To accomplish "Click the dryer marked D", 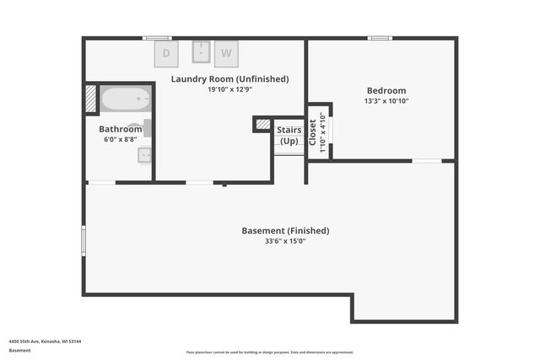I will point(166,53).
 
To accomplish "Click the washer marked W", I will point(226,53).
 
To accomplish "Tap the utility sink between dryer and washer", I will point(202,51).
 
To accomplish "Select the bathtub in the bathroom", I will point(126,99).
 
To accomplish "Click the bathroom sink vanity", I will point(144,154).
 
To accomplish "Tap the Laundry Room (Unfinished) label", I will point(229,79).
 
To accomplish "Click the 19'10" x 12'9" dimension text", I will point(229,89).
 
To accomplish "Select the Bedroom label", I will point(386,91).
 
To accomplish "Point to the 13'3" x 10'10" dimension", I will point(386,101).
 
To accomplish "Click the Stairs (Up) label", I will point(289,135).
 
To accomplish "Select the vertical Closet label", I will point(312,132).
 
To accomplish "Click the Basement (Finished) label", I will point(285,230).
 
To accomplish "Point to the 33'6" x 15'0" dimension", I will point(285,240).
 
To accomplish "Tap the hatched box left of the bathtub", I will point(91,99).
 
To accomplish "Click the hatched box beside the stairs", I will point(263,125).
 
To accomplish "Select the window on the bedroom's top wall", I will point(380,38).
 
